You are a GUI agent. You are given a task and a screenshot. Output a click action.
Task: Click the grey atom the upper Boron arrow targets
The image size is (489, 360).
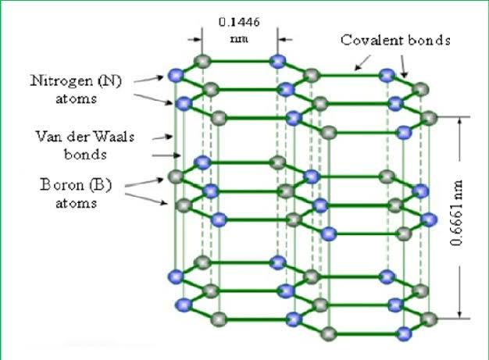[x=177, y=176]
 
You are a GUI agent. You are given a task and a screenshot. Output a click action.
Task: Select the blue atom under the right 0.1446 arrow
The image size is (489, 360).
[x=276, y=62]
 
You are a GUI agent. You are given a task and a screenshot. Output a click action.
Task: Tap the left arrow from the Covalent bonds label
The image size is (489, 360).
[x=357, y=67]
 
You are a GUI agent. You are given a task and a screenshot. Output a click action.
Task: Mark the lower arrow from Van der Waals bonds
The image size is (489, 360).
[x=173, y=155]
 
